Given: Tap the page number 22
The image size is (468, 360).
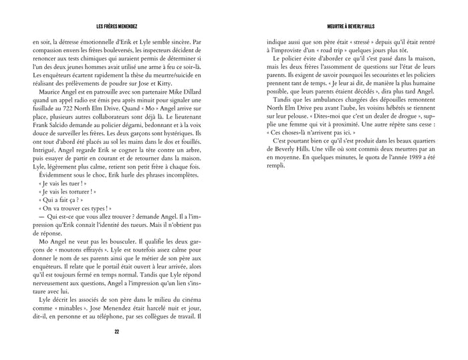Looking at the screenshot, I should point(116,331).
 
